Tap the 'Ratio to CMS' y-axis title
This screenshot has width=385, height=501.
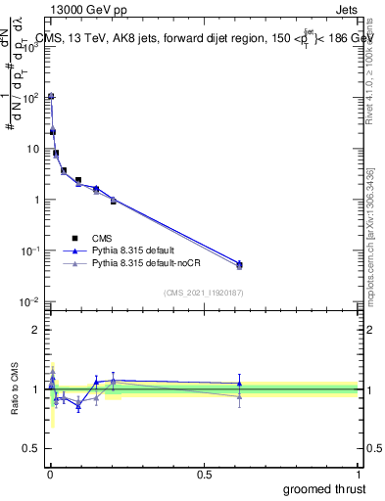(x=17, y=389)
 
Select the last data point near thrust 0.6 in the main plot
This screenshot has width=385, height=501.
(x=239, y=264)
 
